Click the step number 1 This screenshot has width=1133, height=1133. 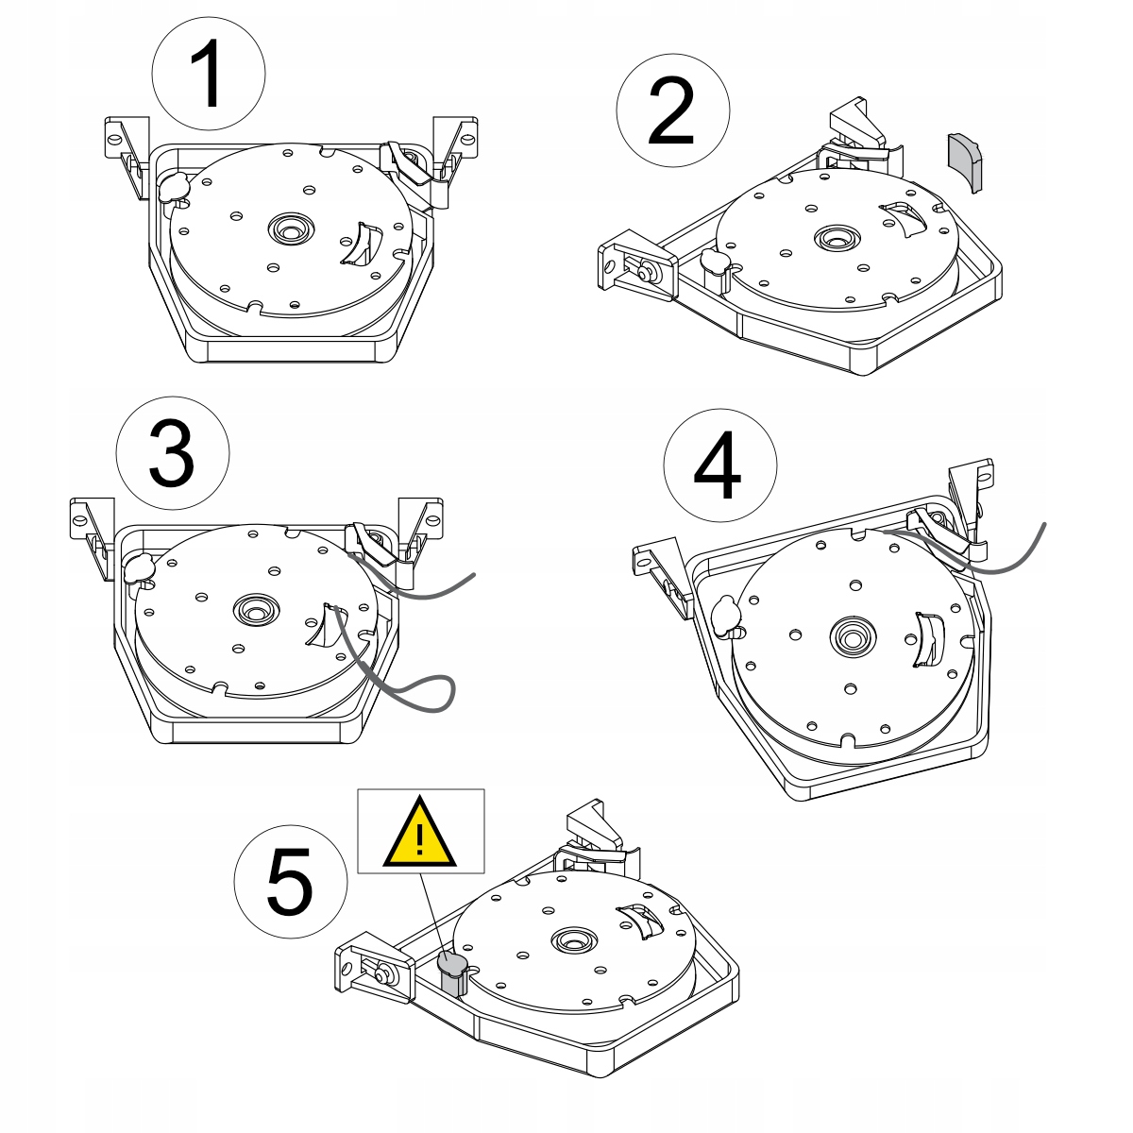(208, 74)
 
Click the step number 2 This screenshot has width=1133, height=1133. (671, 110)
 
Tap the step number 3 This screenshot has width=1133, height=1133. (172, 453)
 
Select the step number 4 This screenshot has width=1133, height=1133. (718, 465)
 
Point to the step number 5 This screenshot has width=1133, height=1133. (289, 882)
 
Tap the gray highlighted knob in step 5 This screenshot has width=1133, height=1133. (452, 974)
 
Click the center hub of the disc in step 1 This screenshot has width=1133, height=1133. (291, 228)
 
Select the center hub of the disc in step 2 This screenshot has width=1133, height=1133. (837, 239)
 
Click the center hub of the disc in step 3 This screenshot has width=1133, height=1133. (256, 610)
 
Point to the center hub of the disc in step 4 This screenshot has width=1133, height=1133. (853, 636)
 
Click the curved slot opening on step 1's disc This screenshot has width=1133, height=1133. (361, 244)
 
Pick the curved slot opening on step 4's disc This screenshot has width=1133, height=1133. (929, 640)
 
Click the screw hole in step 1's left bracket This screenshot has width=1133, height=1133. (115, 140)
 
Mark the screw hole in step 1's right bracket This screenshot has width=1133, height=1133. (467, 140)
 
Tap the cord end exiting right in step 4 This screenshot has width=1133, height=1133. (1043, 524)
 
